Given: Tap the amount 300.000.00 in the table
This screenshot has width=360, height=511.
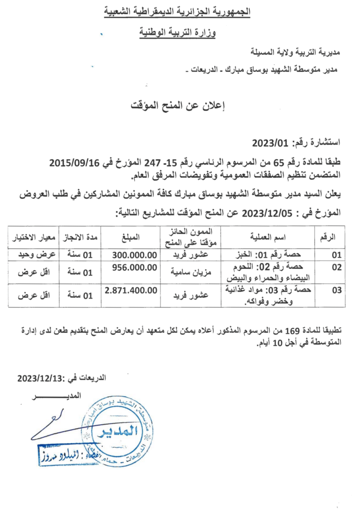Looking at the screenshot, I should [133, 255].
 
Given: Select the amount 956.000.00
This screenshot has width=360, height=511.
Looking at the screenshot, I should [133, 267].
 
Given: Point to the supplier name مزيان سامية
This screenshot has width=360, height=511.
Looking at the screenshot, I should [190, 273].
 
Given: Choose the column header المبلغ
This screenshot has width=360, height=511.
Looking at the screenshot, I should [134, 236].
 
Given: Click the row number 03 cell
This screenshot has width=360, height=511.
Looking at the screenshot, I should [337, 290].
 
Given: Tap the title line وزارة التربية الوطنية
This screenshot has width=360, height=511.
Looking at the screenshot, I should [180, 33].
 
